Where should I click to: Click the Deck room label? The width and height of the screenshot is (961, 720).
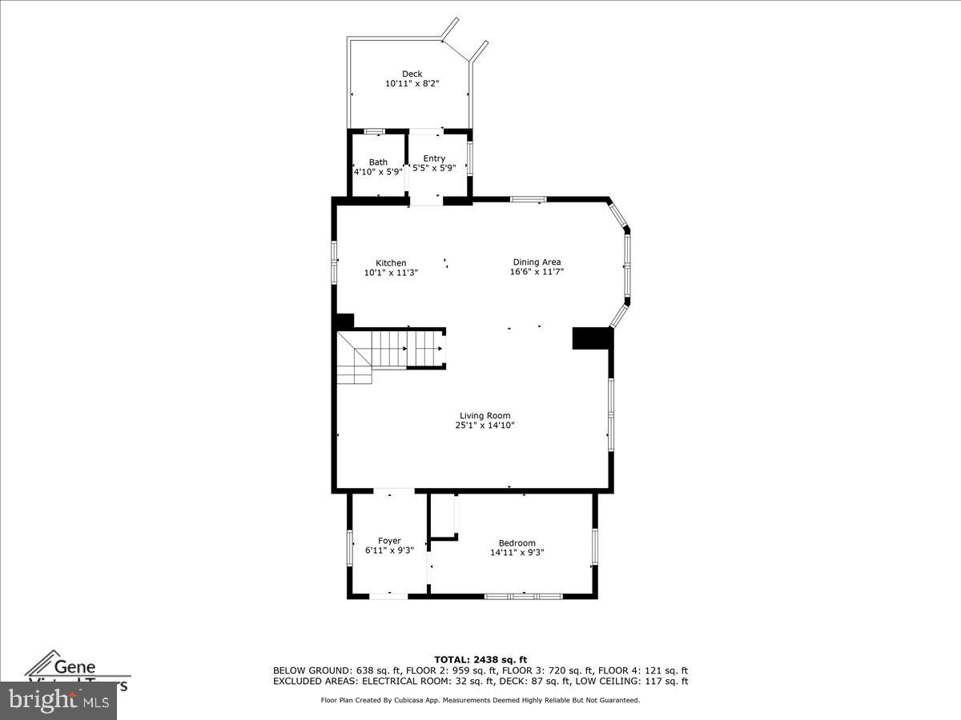click(412, 74)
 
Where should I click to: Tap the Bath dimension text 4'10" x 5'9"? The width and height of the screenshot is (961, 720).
click(378, 171)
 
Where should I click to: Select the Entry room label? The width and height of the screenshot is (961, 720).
click(434, 158)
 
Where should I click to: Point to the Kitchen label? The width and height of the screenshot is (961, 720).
click(391, 263)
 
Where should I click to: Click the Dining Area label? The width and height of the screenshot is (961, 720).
click(537, 262)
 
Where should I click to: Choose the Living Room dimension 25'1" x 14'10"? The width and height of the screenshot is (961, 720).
click(485, 426)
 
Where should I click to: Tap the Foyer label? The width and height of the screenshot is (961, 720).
click(389, 541)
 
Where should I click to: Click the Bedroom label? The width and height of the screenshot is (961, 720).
click(517, 543)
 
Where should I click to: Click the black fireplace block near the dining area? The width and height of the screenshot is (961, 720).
click(592, 338)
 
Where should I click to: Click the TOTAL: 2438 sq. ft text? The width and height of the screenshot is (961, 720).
click(480, 659)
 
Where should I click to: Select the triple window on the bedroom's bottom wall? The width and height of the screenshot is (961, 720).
click(524, 596)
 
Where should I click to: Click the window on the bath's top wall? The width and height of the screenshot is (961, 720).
click(374, 131)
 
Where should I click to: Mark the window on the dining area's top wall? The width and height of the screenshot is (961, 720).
click(529, 199)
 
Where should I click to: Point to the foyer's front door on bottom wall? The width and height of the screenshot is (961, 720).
click(389, 596)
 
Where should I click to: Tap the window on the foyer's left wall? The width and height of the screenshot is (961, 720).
click(350, 548)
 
